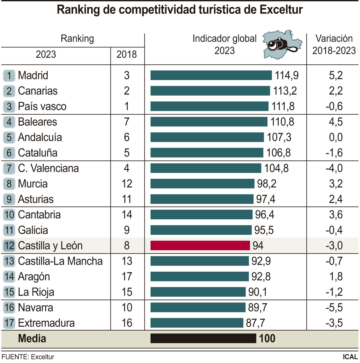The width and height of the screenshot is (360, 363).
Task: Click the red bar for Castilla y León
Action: coord(200,245)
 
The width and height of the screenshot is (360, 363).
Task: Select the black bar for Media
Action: coord(203,338)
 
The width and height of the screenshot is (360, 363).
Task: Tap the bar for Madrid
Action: coord(211,75)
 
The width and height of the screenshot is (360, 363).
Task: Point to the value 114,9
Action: coord(287,75)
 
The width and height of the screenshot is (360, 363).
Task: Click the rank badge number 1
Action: coord(9,75)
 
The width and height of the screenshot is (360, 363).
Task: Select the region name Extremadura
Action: coord(46,323)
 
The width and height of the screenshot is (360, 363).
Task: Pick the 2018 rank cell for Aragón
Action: coord(127,277)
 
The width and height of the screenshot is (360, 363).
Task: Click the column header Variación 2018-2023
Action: coord(334,45)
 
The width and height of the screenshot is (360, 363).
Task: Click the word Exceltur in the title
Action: coord(281,10)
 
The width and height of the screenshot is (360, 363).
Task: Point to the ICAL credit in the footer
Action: coord(350,357)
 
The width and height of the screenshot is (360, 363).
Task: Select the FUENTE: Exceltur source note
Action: coord(28,357)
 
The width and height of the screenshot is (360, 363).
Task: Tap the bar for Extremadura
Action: coord(197,323)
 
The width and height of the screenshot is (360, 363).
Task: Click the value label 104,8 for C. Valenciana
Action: coord(276,168)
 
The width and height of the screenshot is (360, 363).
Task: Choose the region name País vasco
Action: coord(42,106)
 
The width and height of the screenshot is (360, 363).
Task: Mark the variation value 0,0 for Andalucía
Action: coord(336,137)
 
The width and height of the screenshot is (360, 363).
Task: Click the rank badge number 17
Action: coord(9,323)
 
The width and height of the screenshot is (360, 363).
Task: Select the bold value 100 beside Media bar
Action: coord(267,339)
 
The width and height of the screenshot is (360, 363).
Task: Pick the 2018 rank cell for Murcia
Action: coord(127,184)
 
